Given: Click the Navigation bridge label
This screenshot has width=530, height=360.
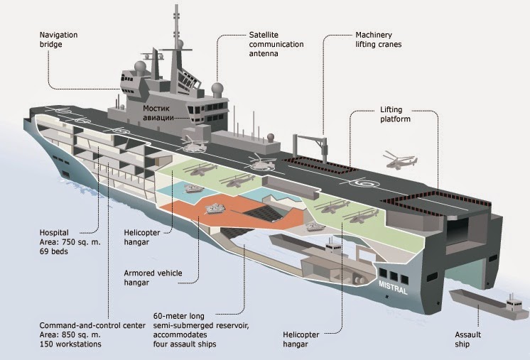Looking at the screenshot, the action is tap(58, 40).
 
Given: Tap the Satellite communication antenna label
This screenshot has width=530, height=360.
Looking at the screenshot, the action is tap(276, 44).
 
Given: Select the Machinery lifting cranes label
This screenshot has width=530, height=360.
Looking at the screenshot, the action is tap(378, 40).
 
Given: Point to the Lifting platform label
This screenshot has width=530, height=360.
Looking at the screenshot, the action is tap(395, 114).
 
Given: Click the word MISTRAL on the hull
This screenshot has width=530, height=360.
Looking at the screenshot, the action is tap(393, 286).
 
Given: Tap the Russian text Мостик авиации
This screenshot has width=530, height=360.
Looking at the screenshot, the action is tap(158, 113).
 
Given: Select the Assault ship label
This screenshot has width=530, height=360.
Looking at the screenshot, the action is tap(467, 339).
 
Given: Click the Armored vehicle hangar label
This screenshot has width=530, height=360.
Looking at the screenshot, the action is tap(153, 278).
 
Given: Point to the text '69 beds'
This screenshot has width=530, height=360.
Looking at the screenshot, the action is tap(54, 251).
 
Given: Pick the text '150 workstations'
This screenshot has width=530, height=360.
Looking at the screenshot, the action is tap(70, 344).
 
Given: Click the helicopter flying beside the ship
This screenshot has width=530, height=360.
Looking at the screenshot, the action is tap(399, 159).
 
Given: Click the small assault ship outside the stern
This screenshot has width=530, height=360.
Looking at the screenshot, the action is tap(488, 304).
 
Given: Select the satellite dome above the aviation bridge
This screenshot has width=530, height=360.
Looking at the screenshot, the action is tap(217, 89).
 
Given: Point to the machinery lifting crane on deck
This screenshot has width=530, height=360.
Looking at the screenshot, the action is tap(311, 148).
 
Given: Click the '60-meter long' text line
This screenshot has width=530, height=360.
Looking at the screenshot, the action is tap(179, 317).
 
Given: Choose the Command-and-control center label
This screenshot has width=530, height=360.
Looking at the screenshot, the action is tap(92, 325).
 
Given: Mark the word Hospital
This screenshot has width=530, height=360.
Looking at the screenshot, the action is tap(54, 233).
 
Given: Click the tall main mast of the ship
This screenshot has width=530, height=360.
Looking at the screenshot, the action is tap(175, 48).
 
